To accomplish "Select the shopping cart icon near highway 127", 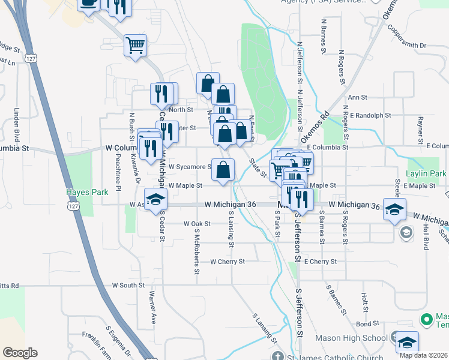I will click(136, 45).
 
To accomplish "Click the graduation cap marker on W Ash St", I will click(155, 198).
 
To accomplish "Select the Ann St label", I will click(357, 97).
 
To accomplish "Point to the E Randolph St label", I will click(370, 115).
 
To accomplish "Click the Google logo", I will click(20, 353).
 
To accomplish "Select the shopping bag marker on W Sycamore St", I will click(223, 170).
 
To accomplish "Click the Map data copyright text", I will click(424, 355).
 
